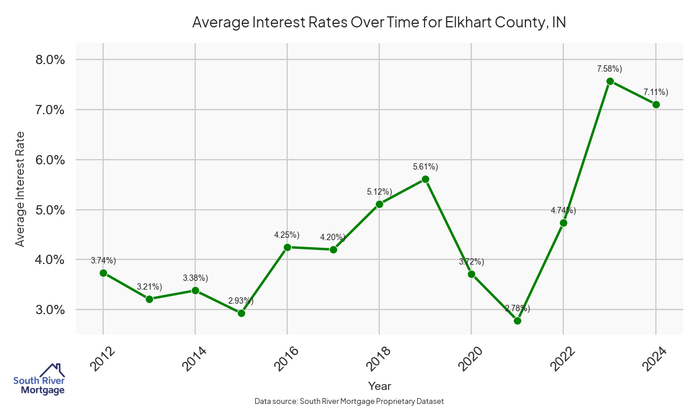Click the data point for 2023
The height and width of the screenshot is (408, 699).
610,82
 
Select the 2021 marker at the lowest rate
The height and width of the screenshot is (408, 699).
517,321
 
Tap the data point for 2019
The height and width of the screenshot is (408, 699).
425,180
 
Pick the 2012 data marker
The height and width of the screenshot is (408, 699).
103,273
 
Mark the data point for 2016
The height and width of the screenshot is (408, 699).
287,247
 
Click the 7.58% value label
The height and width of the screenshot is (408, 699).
609,69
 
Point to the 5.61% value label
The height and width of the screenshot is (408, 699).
425,167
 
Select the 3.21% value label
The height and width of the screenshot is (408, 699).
149,286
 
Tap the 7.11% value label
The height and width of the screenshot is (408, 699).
655,92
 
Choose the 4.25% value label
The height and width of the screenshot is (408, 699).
287,235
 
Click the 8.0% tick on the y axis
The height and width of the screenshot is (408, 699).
48,60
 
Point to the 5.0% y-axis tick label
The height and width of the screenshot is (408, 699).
48,210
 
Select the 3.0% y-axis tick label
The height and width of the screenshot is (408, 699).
48,309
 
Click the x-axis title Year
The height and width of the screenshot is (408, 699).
380,386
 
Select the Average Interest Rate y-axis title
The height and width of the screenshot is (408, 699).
20,189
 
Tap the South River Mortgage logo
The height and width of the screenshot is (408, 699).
39,379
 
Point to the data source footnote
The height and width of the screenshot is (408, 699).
349,401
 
